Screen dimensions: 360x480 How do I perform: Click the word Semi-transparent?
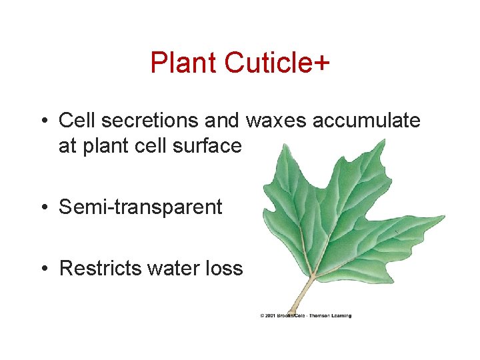coord(140,207)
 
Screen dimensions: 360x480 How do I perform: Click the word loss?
coord(225,269)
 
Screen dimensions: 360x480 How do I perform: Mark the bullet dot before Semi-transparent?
coord(43,208)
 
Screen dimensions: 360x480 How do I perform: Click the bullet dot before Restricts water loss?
coord(43,269)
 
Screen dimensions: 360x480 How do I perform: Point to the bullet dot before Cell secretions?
coord(43,121)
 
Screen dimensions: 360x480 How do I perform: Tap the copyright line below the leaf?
coord(305,316)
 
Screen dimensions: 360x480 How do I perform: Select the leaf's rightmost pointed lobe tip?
coord(445,217)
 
